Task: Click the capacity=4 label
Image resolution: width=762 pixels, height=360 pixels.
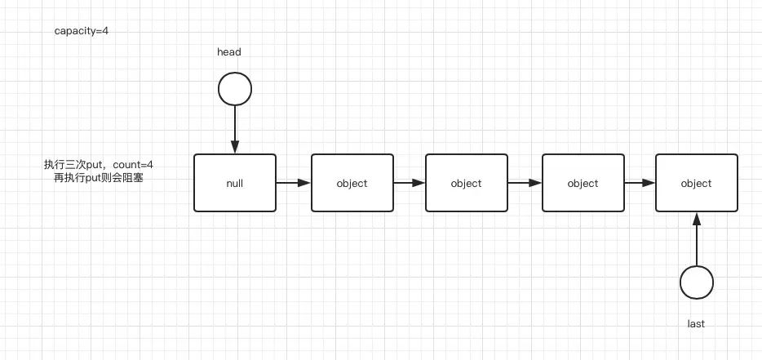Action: (x=86, y=31)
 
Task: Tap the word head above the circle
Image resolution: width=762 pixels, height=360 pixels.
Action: (x=229, y=52)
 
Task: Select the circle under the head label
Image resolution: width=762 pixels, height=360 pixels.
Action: (x=235, y=88)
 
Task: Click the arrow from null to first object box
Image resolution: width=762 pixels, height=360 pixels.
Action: (x=293, y=183)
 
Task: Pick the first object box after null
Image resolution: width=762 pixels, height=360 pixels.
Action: (x=352, y=183)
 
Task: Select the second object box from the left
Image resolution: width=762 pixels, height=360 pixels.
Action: (x=466, y=183)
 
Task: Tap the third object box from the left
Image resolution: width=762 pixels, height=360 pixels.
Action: (x=583, y=183)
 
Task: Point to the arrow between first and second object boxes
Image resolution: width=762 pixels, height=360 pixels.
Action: (x=409, y=183)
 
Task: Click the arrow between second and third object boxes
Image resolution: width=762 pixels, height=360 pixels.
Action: (x=525, y=183)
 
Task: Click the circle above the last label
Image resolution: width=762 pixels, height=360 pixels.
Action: (x=696, y=282)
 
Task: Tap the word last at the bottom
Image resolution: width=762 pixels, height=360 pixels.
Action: (x=696, y=324)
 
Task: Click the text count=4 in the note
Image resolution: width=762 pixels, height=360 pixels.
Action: (x=133, y=165)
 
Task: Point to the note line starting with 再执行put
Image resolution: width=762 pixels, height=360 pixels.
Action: (x=99, y=177)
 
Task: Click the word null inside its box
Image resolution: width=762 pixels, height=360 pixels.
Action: (x=235, y=184)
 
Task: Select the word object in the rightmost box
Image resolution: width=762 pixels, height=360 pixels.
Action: (x=696, y=184)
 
